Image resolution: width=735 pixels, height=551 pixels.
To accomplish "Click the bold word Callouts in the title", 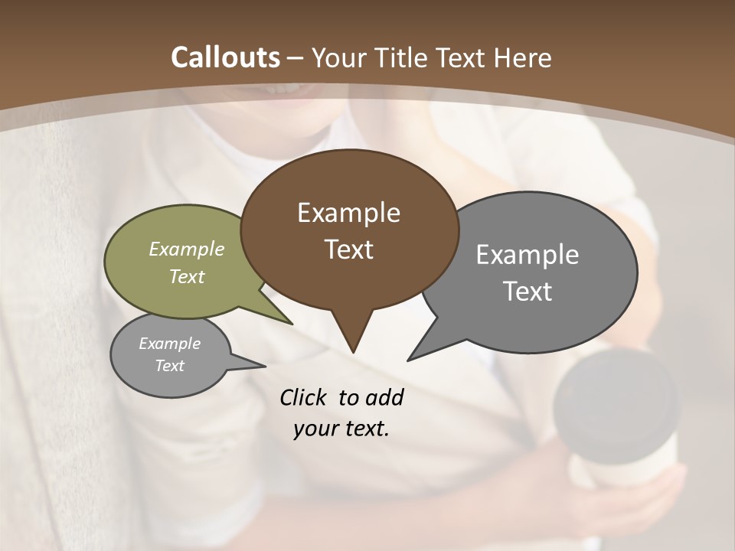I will pyautogui.click(x=225, y=57).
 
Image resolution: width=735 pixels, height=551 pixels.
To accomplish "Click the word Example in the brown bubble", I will pyautogui.click(x=348, y=213).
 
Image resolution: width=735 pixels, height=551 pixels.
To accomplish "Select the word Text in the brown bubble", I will pyautogui.click(x=348, y=249).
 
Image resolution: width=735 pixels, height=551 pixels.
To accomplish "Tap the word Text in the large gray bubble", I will pyautogui.click(x=528, y=292).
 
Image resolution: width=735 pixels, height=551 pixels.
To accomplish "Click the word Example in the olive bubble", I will pyautogui.click(x=187, y=249).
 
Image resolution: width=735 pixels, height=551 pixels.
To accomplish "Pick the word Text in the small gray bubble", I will pyautogui.click(x=169, y=366).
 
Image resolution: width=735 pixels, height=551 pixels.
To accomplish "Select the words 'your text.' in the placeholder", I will pyautogui.click(x=341, y=429).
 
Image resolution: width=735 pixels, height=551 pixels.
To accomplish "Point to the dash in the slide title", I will pyautogui.click(x=296, y=58).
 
